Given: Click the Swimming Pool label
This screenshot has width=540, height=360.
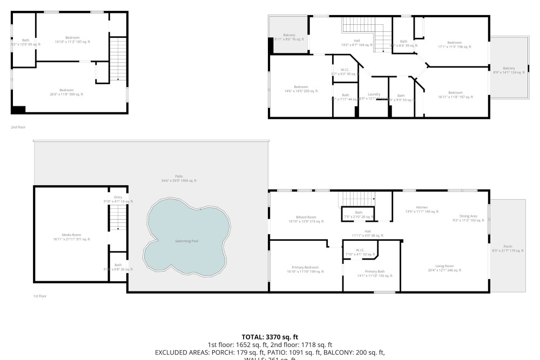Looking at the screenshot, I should click(x=186, y=241).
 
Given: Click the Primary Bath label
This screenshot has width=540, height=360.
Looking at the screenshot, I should click(x=374, y=273).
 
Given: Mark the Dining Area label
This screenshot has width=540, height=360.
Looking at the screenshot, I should click(x=468, y=218).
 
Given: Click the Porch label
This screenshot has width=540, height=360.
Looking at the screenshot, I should click(x=507, y=247).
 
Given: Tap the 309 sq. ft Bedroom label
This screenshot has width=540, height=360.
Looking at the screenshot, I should click(x=66, y=92).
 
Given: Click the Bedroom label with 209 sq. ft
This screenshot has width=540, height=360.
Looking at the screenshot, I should click(x=301, y=89).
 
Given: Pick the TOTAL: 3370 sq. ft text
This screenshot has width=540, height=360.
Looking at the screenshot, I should click(x=270, y=337).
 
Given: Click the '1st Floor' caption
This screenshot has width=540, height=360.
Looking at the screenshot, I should click(x=40, y=296).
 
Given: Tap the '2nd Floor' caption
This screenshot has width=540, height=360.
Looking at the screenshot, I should click(x=18, y=127).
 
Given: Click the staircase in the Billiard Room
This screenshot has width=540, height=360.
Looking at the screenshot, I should click(x=356, y=199).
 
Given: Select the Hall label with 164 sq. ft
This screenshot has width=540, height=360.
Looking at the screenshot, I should click(x=357, y=43).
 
